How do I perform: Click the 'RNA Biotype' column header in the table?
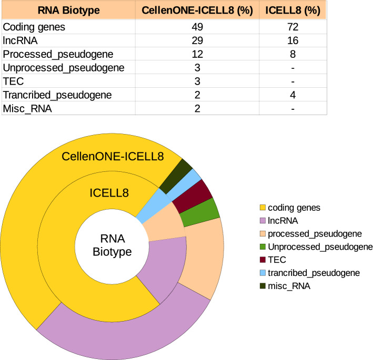pos(66,9)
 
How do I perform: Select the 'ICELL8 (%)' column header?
pos(292,9)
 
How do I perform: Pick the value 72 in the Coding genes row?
pos(292,27)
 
